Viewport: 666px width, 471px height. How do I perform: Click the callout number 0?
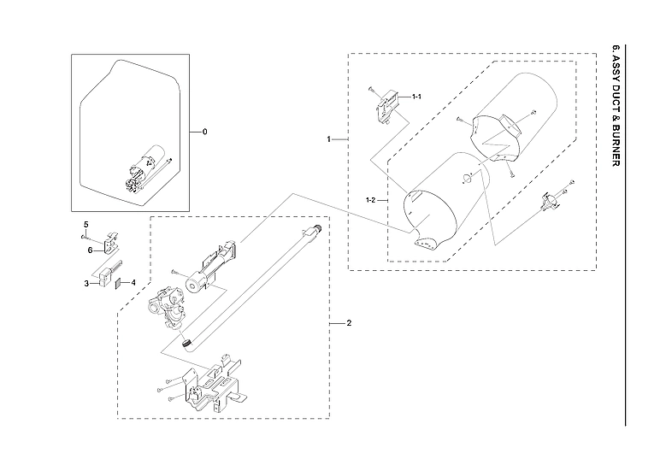[x=204, y=132]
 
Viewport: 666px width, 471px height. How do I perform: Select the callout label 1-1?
[x=416, y=97]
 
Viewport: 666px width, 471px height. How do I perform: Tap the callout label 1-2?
[x=371, y=200]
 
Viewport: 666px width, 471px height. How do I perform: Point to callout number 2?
[x=348, y=324]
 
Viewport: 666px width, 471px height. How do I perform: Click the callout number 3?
[x=86, y=283]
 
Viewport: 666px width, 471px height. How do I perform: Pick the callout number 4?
[x=133, y=281]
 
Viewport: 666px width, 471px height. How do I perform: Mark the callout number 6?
[x=88, y=250]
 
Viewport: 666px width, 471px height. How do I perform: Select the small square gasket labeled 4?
[x=120, y=283]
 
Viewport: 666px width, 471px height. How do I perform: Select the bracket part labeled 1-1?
[x=389, y=107]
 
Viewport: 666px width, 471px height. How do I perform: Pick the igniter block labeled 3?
[x=106, y=274]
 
